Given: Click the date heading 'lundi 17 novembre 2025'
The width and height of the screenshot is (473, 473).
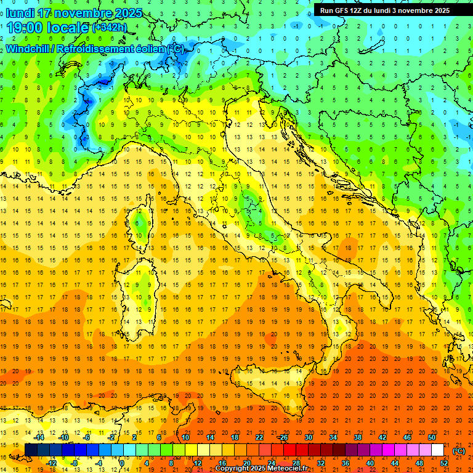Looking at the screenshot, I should tap(74, 13).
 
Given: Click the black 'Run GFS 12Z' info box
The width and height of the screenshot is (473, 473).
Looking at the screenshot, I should tap(385, 10).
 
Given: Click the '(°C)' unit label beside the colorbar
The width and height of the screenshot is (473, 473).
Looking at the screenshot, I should tap(459, 451).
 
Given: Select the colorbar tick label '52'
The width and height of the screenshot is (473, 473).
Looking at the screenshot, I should tap(444, 463).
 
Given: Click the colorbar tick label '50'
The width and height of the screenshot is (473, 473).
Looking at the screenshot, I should tap(431, 437).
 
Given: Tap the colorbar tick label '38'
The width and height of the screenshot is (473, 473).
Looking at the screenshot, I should tap(357, 437).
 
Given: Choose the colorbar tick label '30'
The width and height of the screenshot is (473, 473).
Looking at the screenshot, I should tap(308, 437).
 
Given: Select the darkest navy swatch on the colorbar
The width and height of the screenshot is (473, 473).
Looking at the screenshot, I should tap(31, 450).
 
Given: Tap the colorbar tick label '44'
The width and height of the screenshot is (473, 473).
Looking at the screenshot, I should tap(395, 463).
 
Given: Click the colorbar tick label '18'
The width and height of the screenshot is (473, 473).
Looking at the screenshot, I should tap(234, 437).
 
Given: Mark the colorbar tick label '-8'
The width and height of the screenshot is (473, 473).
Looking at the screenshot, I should tap(75, 463).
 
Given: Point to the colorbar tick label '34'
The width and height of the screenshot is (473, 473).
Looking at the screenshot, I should tap(333, 437).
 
